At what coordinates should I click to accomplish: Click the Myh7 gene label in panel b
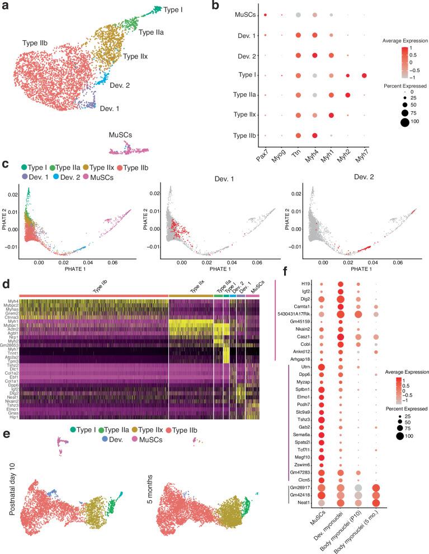tap(364, 154)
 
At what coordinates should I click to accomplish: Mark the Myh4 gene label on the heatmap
tap(12, 301)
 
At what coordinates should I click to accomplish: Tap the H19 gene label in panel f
tap(305, 284)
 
